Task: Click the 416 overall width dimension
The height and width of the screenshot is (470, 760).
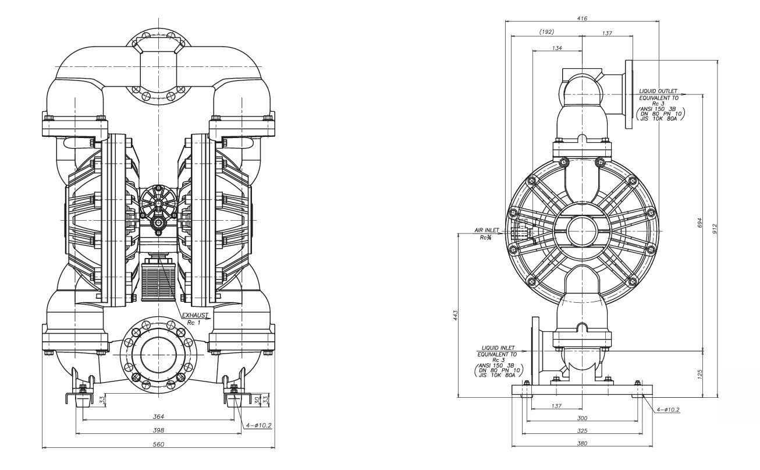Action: click(582, 19)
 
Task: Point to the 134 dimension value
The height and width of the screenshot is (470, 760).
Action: click(557, 48)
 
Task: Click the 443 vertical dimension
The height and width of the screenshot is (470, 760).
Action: click(456, 314)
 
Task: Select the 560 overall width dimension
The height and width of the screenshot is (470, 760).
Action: click(158, 444)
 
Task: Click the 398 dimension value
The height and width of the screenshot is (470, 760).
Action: click(158, 430)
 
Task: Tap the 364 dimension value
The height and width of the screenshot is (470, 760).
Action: click(158, 416)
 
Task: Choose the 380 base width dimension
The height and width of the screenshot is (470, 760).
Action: click(582, 444)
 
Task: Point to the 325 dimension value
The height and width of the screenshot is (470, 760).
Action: click(582, 431)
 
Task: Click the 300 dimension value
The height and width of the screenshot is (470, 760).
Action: click(582, 418)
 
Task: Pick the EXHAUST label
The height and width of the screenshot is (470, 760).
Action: click(196, 315)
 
